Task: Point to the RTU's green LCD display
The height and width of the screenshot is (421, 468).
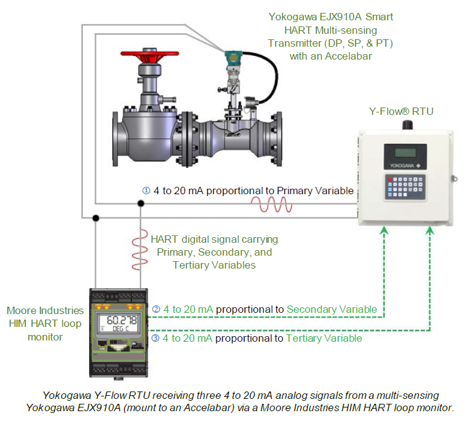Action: [x=404, y=152]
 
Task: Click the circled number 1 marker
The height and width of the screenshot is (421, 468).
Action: [x=146, y=191]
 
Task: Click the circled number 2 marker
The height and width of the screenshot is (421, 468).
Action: [x=156, y=309]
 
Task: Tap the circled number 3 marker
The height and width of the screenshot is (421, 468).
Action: [x=156, y=338]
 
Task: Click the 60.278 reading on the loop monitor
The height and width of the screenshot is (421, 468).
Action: [x=122, y=320]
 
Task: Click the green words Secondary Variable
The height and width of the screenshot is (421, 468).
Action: [x=332, y=309]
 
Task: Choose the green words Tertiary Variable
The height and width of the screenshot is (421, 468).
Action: [x=324, y=338]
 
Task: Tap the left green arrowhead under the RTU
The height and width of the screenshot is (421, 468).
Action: [x=384, y=230]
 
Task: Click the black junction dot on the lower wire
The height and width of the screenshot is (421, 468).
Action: [x=95, y=217]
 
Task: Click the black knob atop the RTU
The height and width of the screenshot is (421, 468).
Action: [x=405, y=124]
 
